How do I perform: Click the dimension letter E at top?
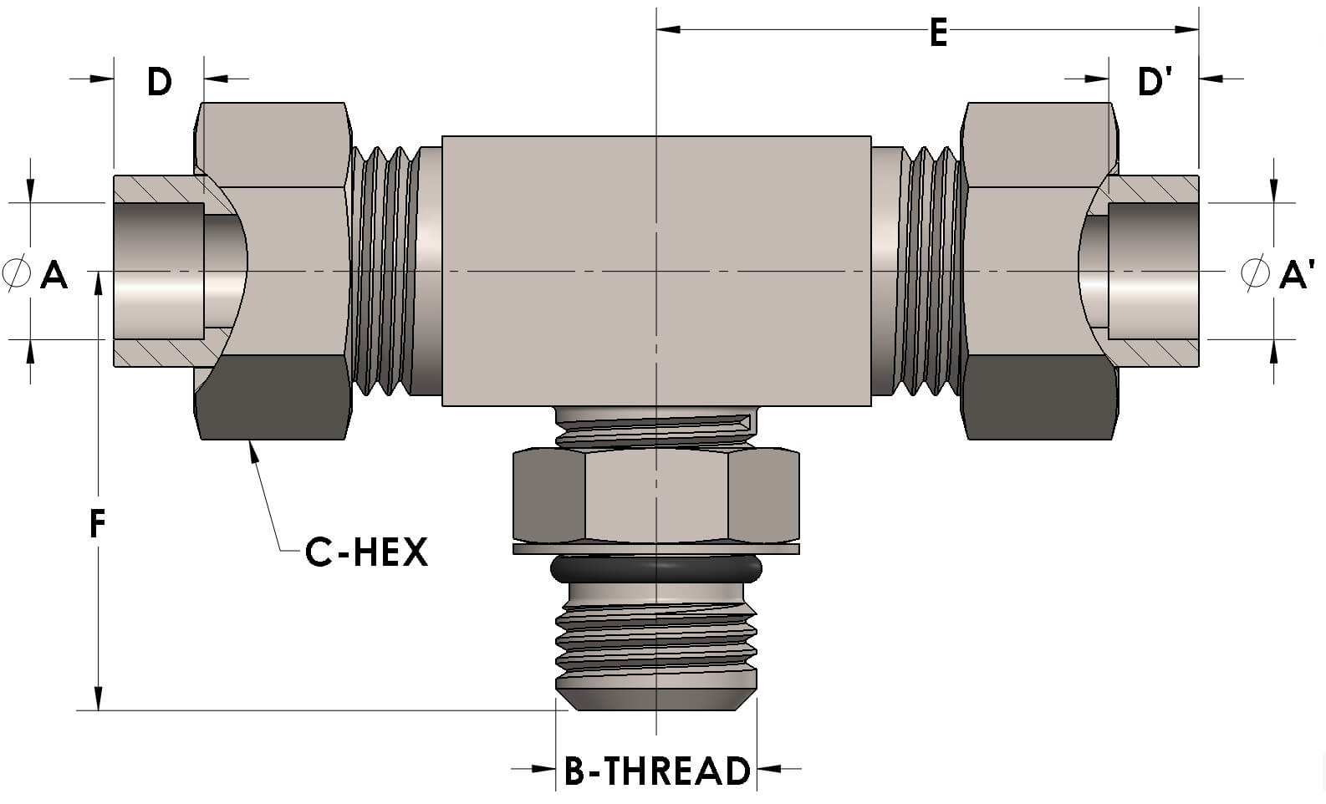click(938, 34)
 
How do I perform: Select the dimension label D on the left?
click(159, 81)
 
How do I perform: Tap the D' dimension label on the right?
click(1155, 81)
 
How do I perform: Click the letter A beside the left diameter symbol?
click(54, 273)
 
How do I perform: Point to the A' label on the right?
click(1297, 273)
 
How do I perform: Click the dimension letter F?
click(98, 524)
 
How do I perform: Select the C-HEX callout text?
click(366, 552)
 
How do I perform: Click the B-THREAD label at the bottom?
click(657, 771)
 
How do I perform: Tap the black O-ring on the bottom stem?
click(656, 570)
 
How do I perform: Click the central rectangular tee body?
click(656, 272)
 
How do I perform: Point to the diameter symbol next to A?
click(15, 273)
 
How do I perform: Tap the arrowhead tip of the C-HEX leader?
click(250, 444)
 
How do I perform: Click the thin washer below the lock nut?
click(656, 549)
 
